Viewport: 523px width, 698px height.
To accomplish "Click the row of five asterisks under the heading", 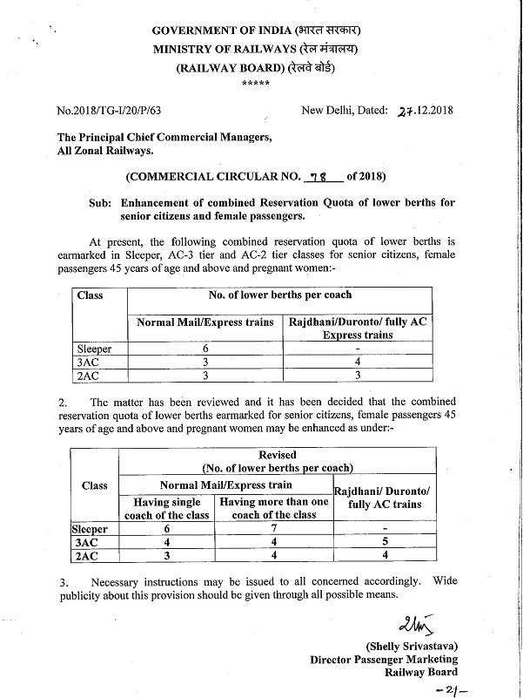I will pyautogui.click(x=255, y=84).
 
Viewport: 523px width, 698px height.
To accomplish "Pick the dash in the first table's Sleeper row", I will pyautogui.click(x=359, y=349).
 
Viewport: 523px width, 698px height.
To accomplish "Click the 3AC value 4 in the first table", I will pyautogui.click(x=359, y=362).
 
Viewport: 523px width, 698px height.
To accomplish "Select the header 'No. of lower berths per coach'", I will pyautogui.click(x=280, y=295).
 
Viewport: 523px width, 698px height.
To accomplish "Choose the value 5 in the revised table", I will pyautogui.click(x=384, y=542).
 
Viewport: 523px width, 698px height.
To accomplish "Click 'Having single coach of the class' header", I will pyautogui.click(x=167, y=508).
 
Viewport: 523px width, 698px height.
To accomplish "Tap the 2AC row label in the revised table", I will pyautogui.click(x=87, y=555).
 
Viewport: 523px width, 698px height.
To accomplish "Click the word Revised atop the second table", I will pyautogui.click(x=278, y=455).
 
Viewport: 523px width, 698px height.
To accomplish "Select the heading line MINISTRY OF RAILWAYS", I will pyautogui.click(x=255, y=49).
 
